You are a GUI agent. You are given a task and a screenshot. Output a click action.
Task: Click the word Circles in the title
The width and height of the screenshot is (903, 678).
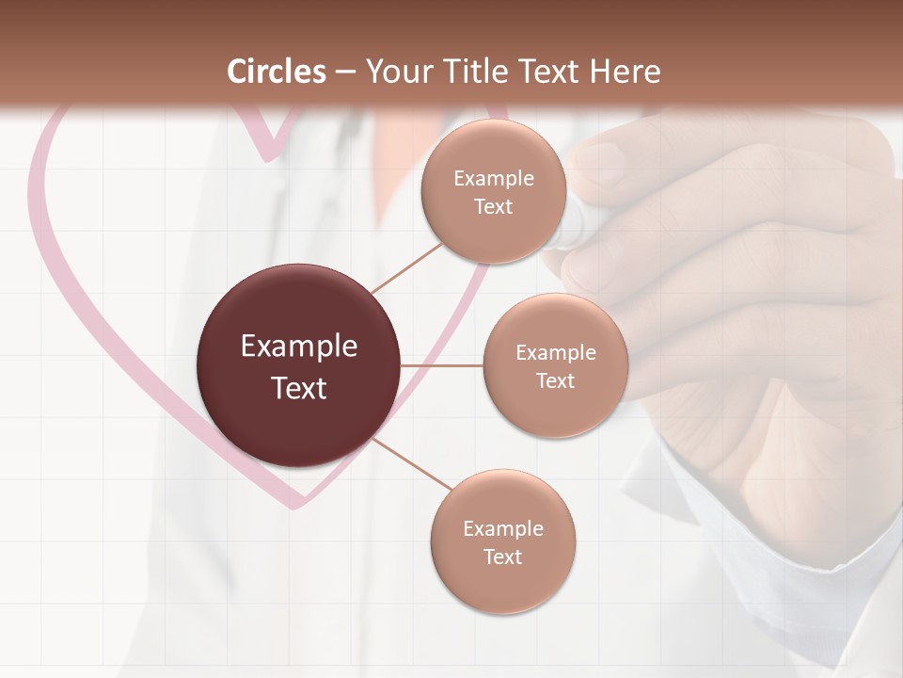pos(277,72)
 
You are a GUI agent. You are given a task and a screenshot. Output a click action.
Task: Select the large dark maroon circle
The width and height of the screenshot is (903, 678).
pos(298,365)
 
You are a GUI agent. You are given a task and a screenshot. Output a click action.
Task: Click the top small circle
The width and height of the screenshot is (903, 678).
pos(493,191)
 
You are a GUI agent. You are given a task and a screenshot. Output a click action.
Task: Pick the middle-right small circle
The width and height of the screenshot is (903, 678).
pos(555,365)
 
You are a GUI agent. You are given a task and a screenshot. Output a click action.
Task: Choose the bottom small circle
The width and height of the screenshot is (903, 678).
pos(502,541)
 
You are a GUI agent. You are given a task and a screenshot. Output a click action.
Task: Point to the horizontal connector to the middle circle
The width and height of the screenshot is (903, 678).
pos(441,365)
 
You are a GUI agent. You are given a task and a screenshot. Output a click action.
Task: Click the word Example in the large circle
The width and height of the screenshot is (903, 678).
pos(298,346)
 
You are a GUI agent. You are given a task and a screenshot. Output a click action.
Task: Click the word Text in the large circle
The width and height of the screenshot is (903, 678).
pos(298,387)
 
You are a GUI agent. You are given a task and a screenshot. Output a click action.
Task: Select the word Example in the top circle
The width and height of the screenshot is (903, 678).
pos(493,178)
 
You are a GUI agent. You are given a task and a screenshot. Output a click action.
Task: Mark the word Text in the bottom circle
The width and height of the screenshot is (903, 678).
pos(502,557)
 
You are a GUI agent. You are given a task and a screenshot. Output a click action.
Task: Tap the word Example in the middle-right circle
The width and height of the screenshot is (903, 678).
pos(555,352)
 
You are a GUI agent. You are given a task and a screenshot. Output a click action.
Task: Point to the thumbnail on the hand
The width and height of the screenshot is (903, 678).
pos(598,162)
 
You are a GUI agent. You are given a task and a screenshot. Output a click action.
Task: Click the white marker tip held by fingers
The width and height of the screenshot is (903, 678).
pos(570,231)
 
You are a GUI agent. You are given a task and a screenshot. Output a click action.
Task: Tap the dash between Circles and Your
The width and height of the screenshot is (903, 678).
pos(345,73)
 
